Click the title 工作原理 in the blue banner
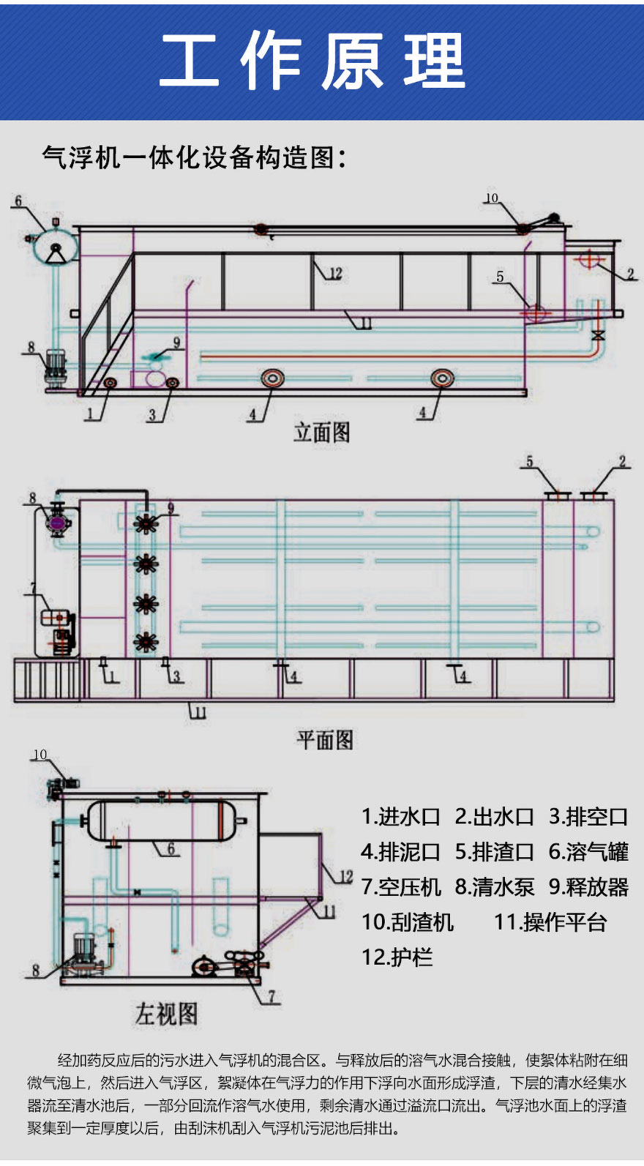click(x=312, y=61)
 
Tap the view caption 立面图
click(x=322, y=433)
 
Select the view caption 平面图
click(x=325, y=740)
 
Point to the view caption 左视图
click(x=166, y=1014)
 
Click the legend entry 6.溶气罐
click(x=588, y=851)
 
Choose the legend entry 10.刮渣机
click(x=408, y=922)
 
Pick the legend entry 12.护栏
click(x=397, y=957)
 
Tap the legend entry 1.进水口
click(x=400, y=816)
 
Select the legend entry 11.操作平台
click(x=550, y=922)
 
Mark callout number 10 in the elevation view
click(x=491, y=198)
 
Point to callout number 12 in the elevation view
click(x=335, y=274)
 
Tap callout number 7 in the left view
click(x=272, y=996)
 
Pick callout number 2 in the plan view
click(x=622, y=462)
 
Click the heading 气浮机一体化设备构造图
click(x=194, y=157)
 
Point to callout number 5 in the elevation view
click(x=500, y=277)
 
